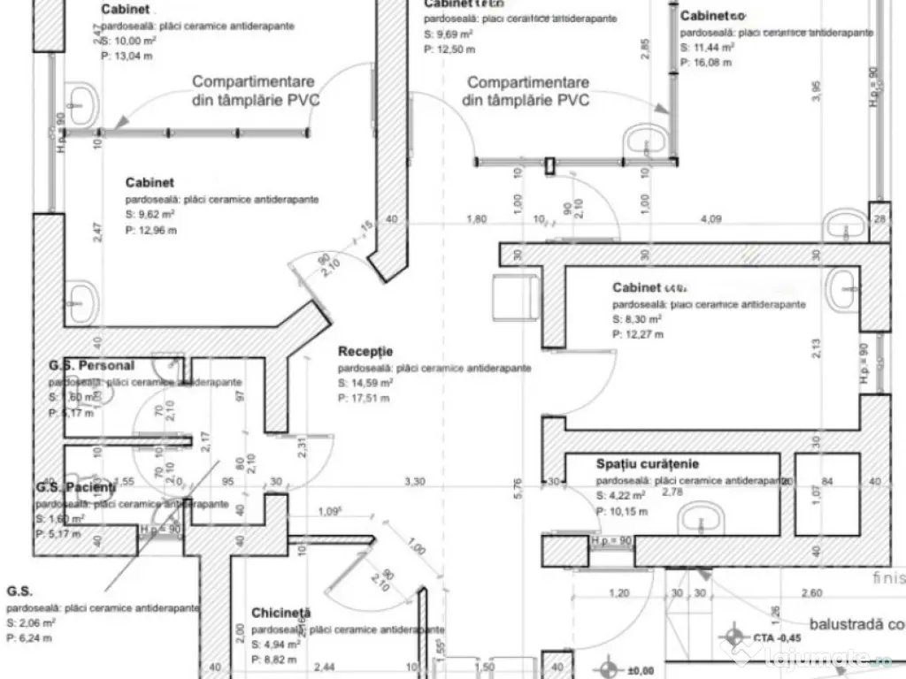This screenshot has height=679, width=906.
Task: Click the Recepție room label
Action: pos(365,352)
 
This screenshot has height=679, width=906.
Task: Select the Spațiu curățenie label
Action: pos(647,463)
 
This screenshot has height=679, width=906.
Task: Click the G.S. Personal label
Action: pos(91,365)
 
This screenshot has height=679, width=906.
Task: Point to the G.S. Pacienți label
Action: pos(75,487)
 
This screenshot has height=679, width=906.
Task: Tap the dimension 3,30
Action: pos(414,482)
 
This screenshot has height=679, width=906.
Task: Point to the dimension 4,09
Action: pos(710,218)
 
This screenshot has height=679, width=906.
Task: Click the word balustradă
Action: pos(836,623)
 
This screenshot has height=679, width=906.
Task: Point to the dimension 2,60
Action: pos(812,593)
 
